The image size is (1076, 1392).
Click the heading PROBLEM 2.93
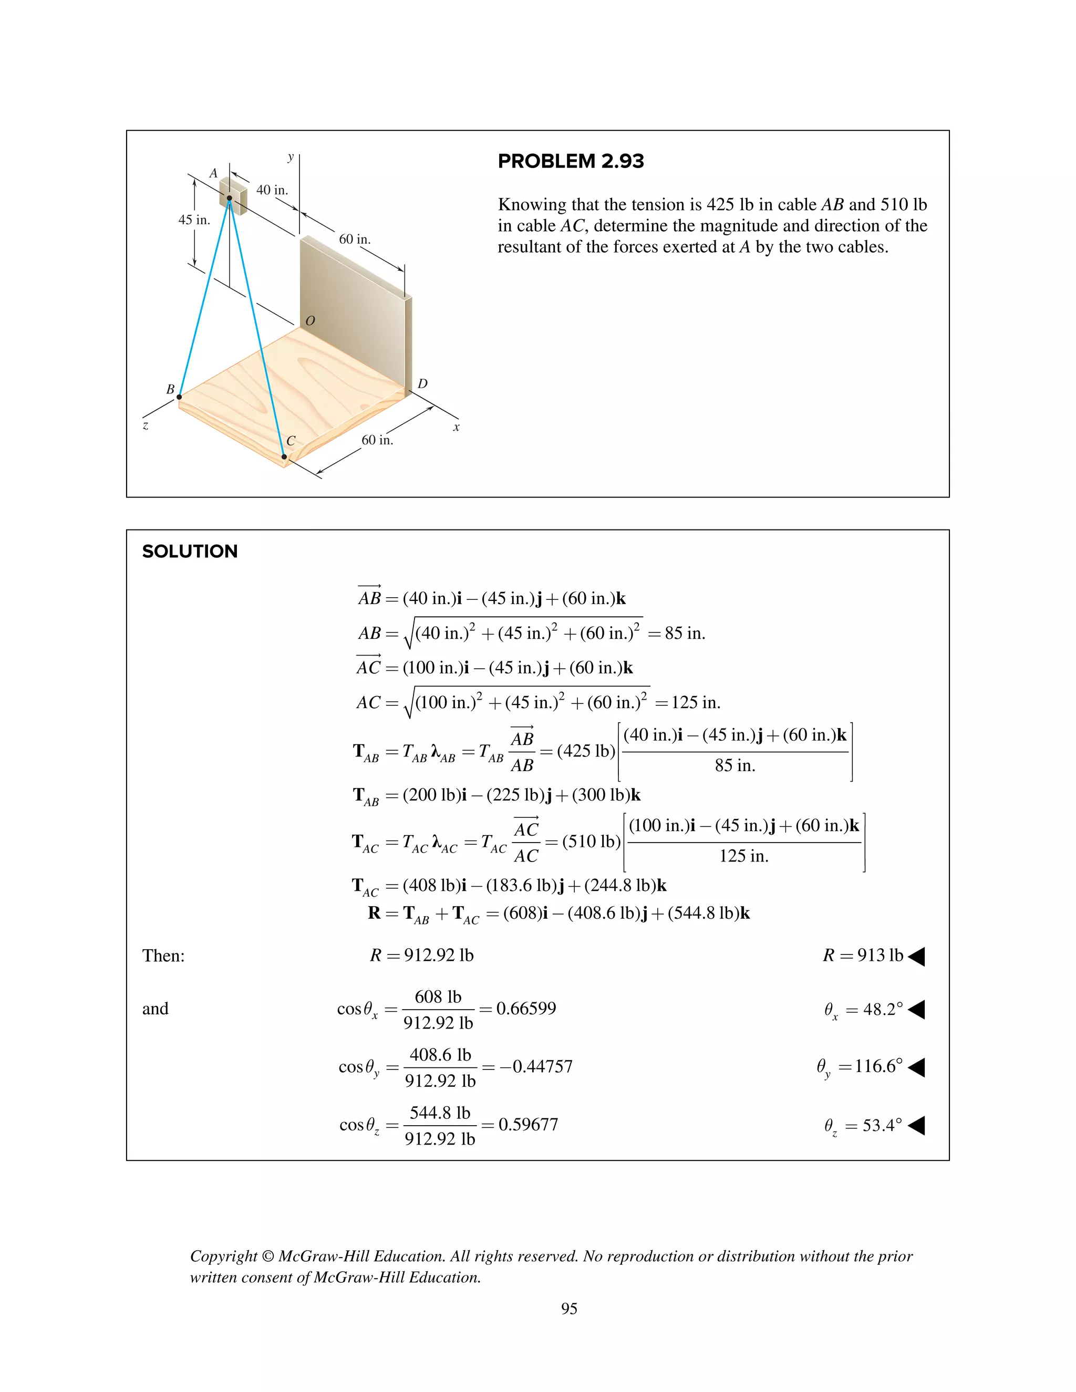click(571, 161)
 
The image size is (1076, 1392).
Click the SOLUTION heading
click(190, 552)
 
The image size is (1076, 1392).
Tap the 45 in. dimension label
click(194, 220)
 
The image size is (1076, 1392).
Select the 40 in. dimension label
click(272, 190)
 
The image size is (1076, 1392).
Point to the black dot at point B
click(179, 397)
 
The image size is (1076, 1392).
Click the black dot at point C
click(284, 456)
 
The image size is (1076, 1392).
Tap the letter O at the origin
click(311, 320)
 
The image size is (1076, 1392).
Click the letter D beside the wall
click(422, 383)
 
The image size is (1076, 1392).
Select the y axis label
click(291, 157)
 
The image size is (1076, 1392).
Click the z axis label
click(146, 425)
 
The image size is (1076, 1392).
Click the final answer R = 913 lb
click(863, 955)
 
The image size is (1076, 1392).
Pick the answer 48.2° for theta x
click(883, 1010)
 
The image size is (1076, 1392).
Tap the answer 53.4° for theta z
click(882, 1125)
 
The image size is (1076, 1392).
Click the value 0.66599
click(526, 1009)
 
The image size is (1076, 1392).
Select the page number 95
click(568, 1308)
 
